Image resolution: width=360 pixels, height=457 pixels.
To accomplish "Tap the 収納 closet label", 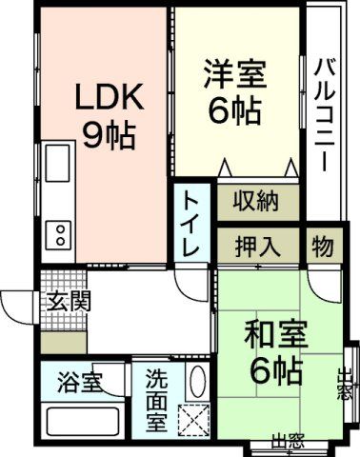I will [257, 202].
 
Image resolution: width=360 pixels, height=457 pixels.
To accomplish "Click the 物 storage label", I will [323, 247].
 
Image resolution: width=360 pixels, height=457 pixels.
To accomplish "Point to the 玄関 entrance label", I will [68, 302].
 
